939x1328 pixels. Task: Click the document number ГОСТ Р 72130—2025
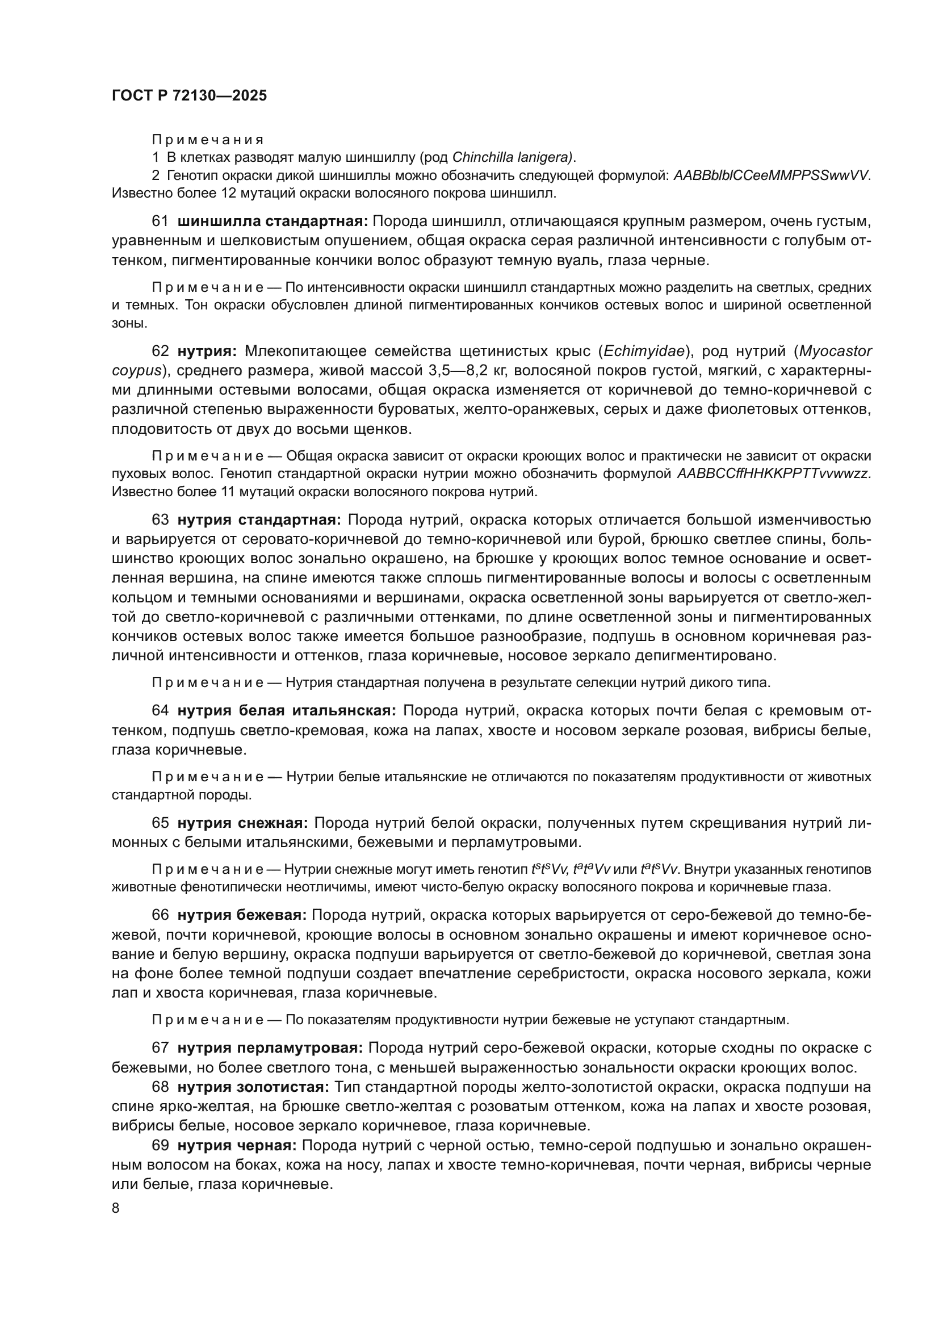[x=189, y=96]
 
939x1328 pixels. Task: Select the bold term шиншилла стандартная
[x=273, y=221]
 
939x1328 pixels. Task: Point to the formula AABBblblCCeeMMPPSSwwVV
[x=772, y=175]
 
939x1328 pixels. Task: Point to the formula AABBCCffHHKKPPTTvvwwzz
[x=773, y=474]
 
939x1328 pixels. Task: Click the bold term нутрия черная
[x=237, y=1146]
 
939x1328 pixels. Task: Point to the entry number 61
[x=160, y=221]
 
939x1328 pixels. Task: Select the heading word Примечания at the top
[x=208, y=140]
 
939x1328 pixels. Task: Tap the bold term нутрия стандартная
[x=259, y=520]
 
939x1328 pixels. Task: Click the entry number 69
[x=160, y=1146]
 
